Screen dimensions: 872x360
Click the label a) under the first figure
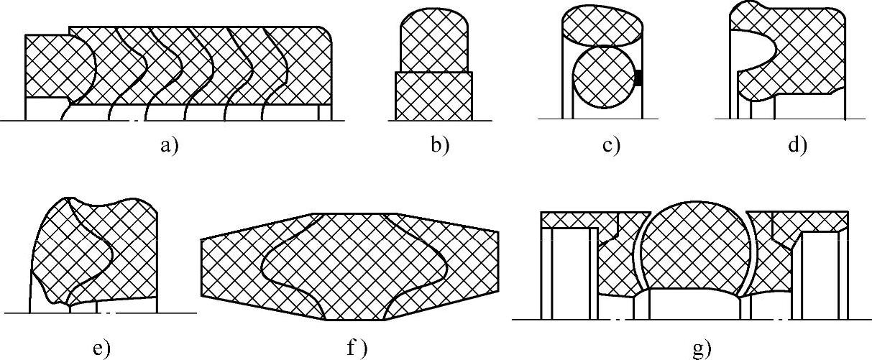[169, 145]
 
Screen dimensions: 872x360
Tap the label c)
[610, 145]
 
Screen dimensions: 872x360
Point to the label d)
[797, 145]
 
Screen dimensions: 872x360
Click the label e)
[101, 349]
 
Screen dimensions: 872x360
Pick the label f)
[357, 349]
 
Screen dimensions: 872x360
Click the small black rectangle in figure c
[638, 78]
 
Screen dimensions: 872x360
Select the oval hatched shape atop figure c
[602, 26]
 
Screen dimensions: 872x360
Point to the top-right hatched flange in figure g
[805, 220]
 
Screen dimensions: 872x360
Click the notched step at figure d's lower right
[835, 90]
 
